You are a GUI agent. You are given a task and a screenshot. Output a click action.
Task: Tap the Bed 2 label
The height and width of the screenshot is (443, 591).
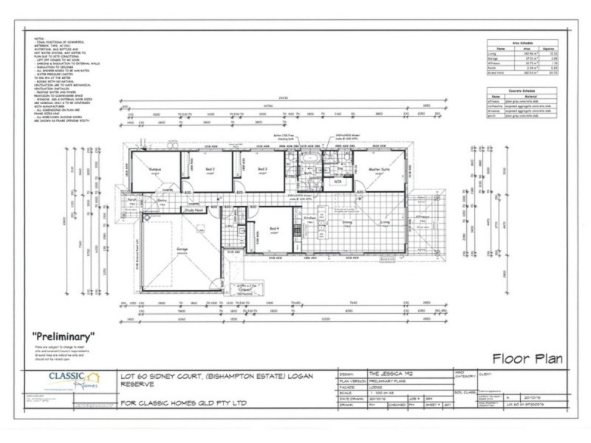[210, 168]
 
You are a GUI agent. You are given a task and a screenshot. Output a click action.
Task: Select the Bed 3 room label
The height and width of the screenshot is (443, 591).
[262, 168]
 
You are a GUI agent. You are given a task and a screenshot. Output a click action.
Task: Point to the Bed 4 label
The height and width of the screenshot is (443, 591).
[274, 228]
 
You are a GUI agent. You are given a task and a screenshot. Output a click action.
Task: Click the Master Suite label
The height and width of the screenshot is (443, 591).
[379, 168]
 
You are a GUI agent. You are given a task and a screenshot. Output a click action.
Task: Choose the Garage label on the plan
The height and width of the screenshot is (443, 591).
[180, 249]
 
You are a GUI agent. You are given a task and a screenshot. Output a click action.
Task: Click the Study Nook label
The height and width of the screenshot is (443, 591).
[194, 210]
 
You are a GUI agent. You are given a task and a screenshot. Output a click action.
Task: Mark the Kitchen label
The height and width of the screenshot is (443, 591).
[310, 219]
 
